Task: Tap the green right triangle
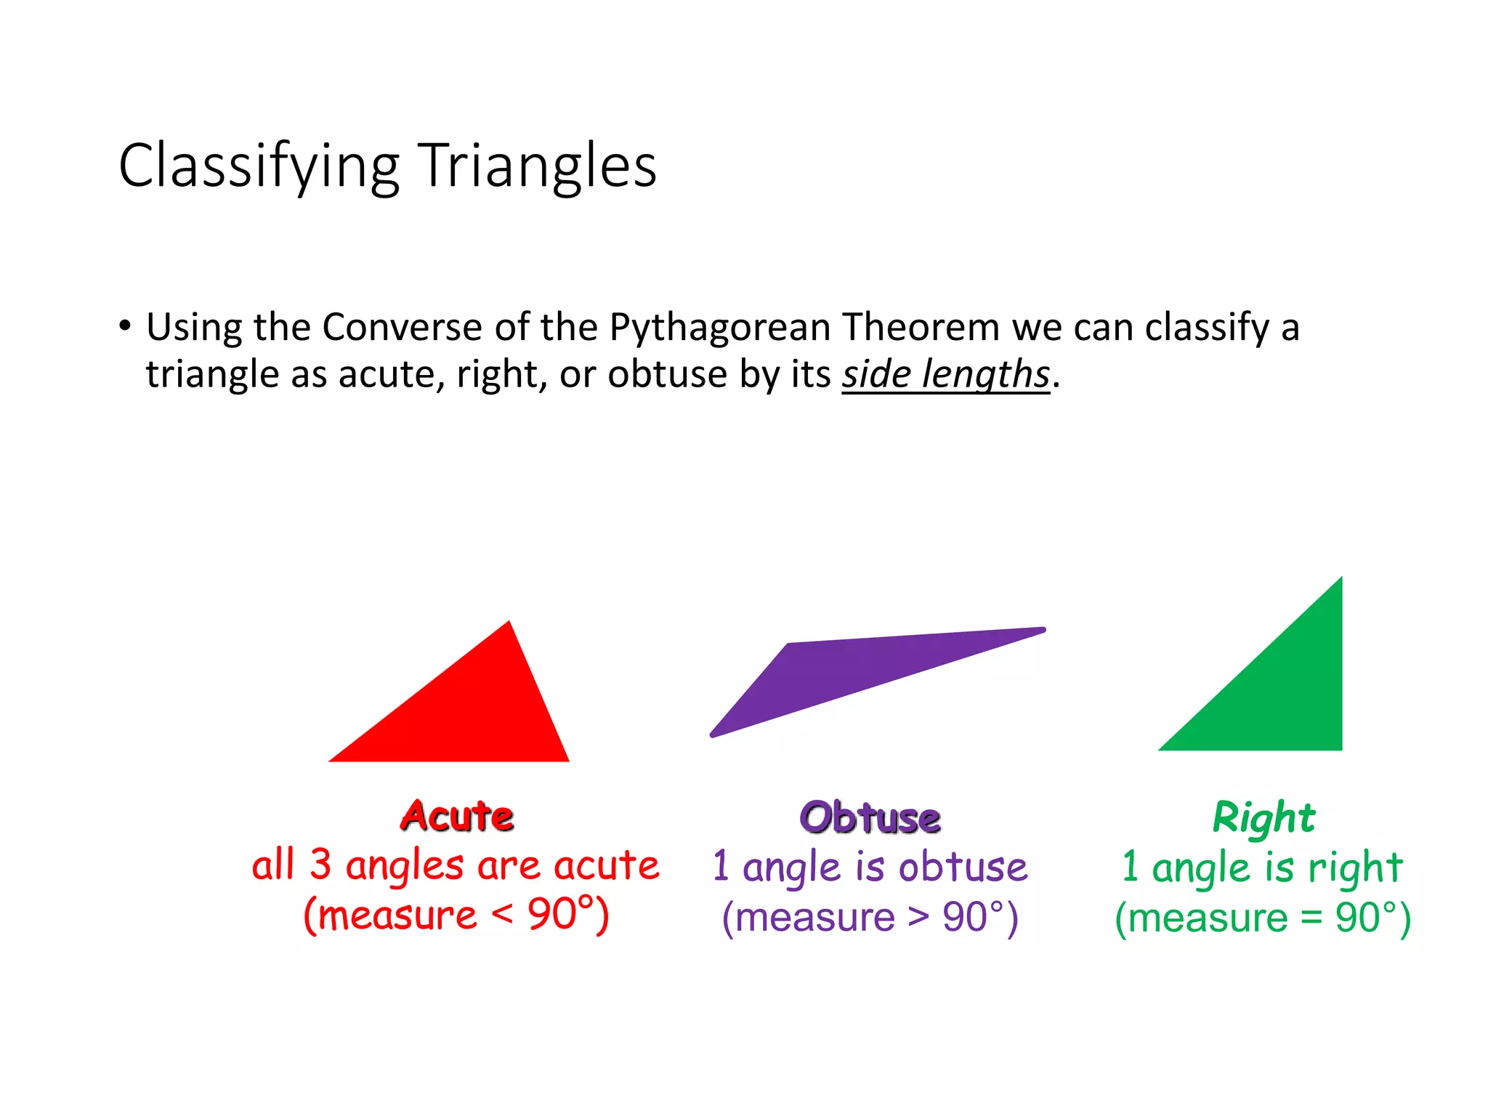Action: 1286,697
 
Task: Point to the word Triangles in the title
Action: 538,167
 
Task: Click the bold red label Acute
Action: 457,816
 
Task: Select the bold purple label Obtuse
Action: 870,817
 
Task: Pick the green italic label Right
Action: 1263,817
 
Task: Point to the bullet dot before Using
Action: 126,326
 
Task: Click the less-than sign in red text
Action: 502,914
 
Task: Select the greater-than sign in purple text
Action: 919,917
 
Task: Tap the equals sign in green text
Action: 1311,917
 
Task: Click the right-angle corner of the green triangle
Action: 1339,747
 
